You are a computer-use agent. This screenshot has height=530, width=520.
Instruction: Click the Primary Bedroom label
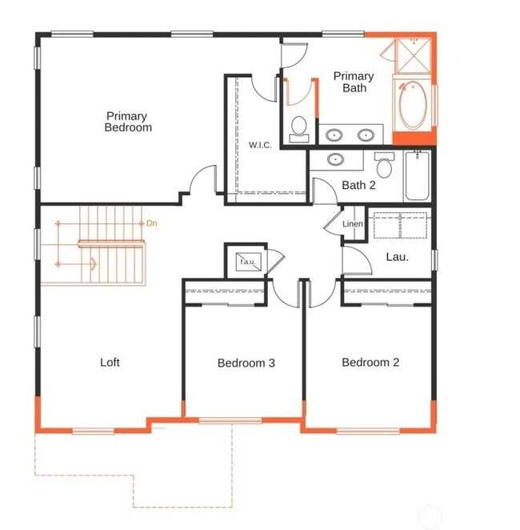(x=128, y=122)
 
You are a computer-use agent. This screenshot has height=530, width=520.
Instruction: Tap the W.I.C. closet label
(x=259, y=145)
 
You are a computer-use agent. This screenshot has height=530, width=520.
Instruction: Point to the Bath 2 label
(x=358, y=186)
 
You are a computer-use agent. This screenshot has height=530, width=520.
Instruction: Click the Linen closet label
(x=353, y=224)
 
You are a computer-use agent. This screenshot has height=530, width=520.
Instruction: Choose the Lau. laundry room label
(x=397, y=257)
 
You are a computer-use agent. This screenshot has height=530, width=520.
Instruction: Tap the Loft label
(x=110, y=363)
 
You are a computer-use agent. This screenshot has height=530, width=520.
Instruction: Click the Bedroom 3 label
(x=246, y=363)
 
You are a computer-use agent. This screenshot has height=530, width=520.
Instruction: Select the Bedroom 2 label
(x=370, y=363)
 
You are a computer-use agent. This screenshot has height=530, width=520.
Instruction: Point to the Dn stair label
(x=152, y=223)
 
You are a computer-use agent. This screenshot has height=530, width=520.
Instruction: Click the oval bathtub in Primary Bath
(x=414, y=105)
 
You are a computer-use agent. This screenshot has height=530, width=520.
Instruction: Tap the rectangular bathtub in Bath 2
(x=418, y=176)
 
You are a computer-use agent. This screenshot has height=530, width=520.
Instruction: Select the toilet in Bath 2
(x=385, y=167)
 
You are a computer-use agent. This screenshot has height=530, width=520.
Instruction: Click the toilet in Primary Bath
(x=300, y=129)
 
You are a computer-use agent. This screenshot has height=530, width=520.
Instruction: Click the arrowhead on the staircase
(x=94, y=263)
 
